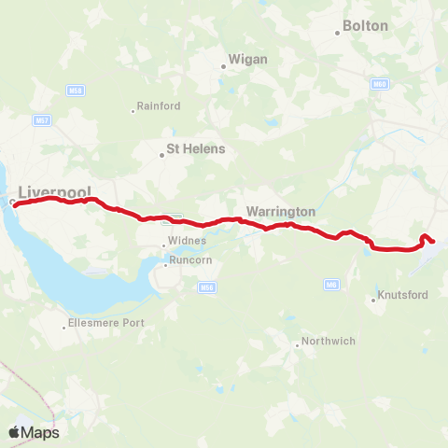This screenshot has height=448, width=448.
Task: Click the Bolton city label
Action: (366, 26)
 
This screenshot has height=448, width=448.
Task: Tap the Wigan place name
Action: (248, 60)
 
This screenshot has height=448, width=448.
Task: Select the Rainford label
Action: (159, 106)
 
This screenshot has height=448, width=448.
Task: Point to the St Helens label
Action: (195, 148)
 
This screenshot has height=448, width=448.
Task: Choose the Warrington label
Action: (281, 211)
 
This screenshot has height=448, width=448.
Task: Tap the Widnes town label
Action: (184, 245)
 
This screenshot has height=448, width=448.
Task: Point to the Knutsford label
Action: (403, 296)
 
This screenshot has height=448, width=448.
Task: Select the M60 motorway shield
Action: (379, 84)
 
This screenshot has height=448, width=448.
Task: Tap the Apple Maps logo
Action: (34, 432)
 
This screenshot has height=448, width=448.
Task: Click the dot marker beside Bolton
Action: (338, 34)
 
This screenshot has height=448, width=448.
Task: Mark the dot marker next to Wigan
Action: (223, 66)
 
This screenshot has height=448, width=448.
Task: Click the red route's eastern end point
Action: (432, 242)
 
